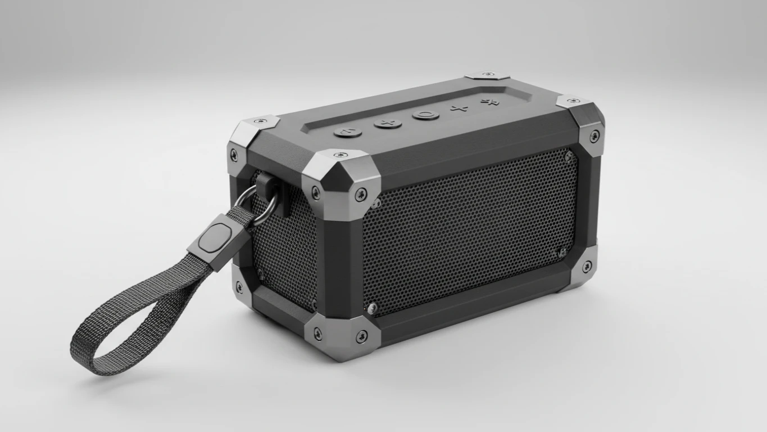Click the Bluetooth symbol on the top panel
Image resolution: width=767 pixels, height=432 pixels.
[490, 102]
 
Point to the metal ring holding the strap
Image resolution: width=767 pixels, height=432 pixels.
[252, 204]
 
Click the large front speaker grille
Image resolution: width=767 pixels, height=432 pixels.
[469, 231]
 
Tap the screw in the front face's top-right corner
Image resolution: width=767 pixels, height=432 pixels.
[594, 135]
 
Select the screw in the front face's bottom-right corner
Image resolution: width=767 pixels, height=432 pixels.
[586, 267]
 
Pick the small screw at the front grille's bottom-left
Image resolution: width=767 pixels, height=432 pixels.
[371, 307]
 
